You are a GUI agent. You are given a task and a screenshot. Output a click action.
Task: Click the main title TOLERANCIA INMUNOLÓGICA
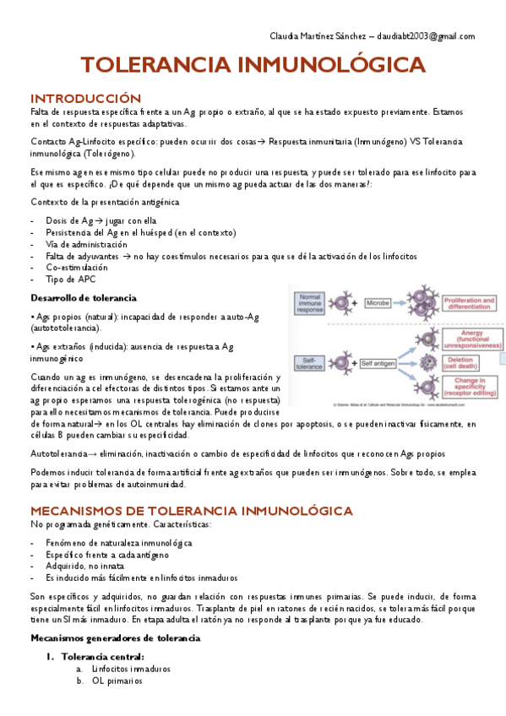(253, 67)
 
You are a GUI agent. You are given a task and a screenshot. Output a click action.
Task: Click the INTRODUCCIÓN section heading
(85, 98)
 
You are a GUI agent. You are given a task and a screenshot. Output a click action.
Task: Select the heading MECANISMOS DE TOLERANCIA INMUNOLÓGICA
(192, 511)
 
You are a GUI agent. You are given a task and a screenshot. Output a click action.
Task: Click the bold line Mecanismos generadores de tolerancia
(115, 637)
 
